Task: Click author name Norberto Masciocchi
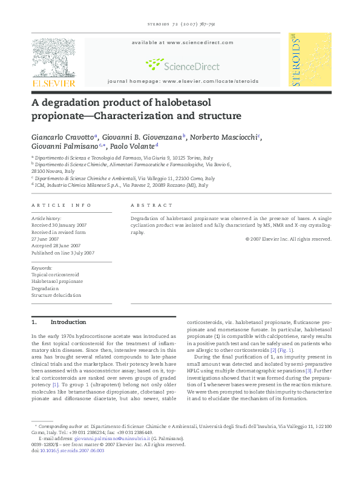point(223,137)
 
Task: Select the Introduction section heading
point(68,322)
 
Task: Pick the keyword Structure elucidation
point(56,295)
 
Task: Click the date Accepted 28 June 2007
point(56,246)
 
